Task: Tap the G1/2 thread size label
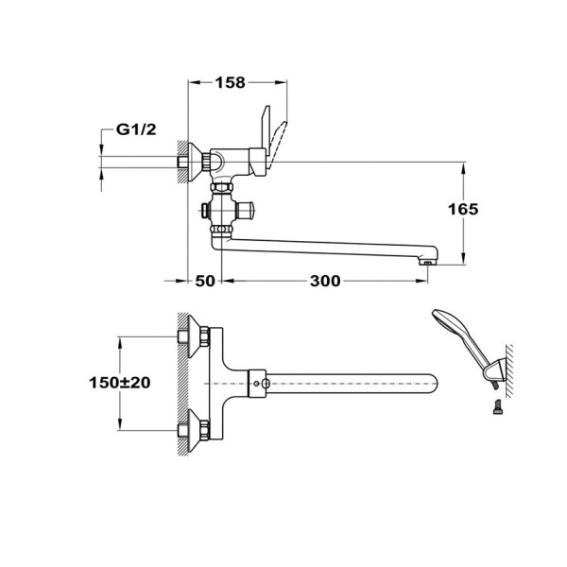pos(135,131)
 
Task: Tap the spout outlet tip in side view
pos(427,260)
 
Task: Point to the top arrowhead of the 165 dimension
pos(464,167)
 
